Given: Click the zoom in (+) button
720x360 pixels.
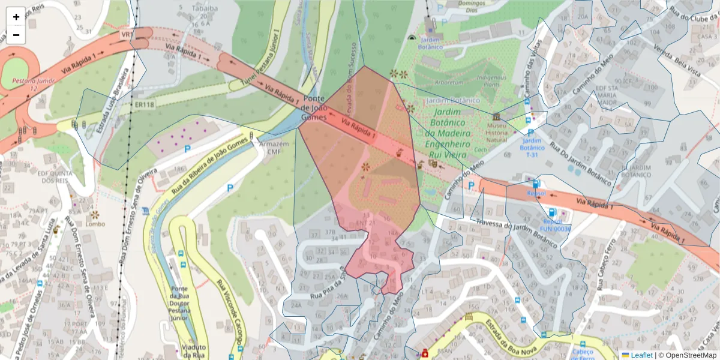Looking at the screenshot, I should [16, 17].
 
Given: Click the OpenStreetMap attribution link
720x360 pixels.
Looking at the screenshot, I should [687, 355].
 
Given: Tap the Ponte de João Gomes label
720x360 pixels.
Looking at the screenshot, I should [314, 108].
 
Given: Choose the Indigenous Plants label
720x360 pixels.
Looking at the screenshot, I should [491, 80].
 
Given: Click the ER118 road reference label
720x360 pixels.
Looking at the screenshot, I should [143, 104].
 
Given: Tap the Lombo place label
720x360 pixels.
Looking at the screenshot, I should [95, 224].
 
